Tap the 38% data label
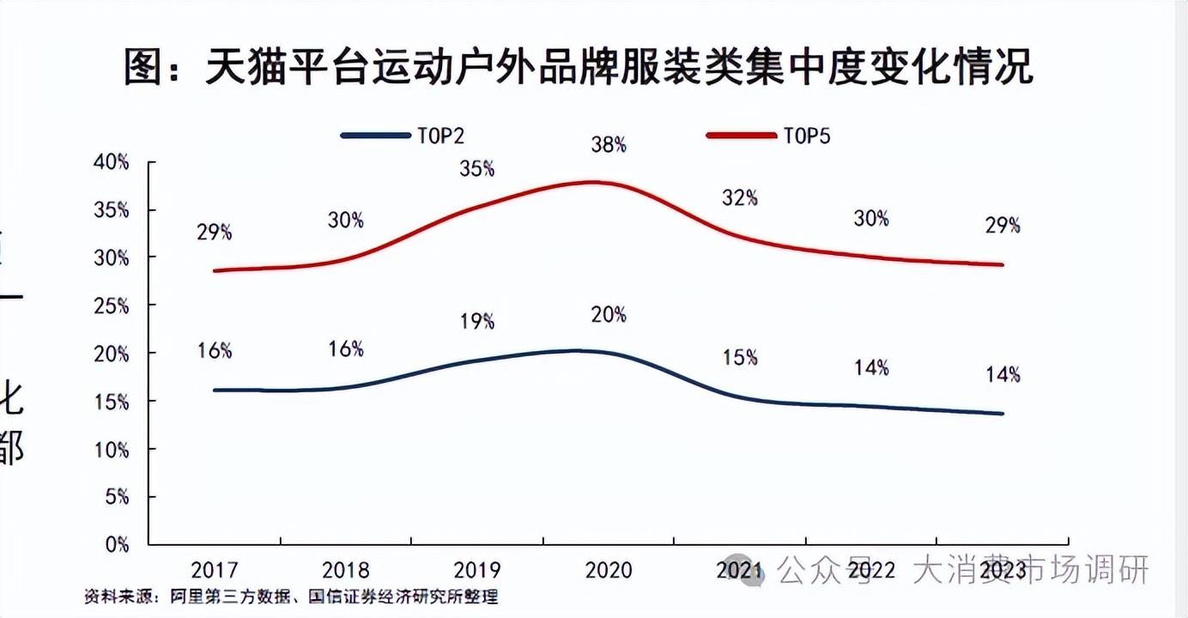coord(609,145)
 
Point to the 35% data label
coord(476,168)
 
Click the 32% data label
coord(739,197)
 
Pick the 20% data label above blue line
coord(609,315)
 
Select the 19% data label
coord(476,321)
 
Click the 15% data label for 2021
coord(739,356)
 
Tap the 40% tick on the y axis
coord(112,162)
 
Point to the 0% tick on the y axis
coord(118,544)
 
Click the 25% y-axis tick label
coord(112,306)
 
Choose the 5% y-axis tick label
coord(118,497)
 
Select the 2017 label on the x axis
coord(214,570)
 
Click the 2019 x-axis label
coord(476,570)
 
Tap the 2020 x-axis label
coord(609,570)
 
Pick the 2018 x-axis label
coord(345,570)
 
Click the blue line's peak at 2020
coord(584,350)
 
